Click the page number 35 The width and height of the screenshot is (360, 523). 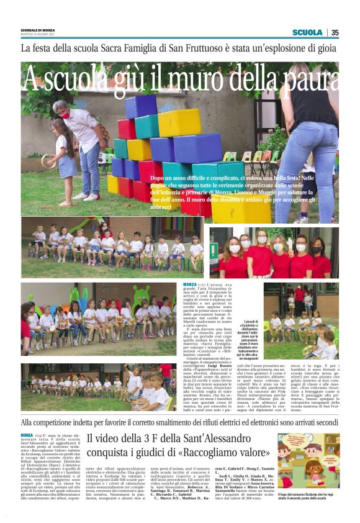click(335, 32)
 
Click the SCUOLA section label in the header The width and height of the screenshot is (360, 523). click(307, 32)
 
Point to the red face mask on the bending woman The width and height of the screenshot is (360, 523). click(82, 114)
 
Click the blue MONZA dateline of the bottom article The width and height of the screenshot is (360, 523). click(27, 435)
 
